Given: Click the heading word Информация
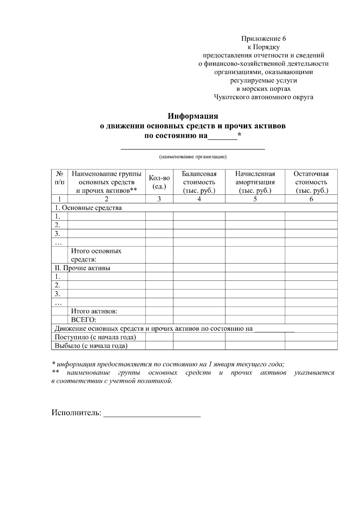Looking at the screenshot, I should coord(193,116).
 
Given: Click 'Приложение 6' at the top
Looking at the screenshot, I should coord(263,39).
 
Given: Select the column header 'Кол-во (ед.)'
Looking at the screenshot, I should coord(159,182).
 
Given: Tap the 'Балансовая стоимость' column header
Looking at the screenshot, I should coord(199,182).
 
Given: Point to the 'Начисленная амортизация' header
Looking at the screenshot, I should coord(255,182).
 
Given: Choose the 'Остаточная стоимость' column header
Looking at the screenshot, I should coord(311,182).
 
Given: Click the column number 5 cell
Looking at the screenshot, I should coord(255,199).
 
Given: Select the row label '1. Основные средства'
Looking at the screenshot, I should coord(88,208).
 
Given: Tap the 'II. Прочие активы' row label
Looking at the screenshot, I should coord(82,268).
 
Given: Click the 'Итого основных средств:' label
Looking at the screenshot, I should coord(96,255).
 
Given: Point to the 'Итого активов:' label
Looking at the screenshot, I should coord(94,311).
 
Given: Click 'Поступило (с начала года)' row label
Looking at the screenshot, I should coord(95,337).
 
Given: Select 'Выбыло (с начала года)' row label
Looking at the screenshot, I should coord(91,346).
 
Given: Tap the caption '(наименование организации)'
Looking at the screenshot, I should coord(193,156).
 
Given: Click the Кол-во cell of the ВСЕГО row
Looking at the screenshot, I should coord(159,320).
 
